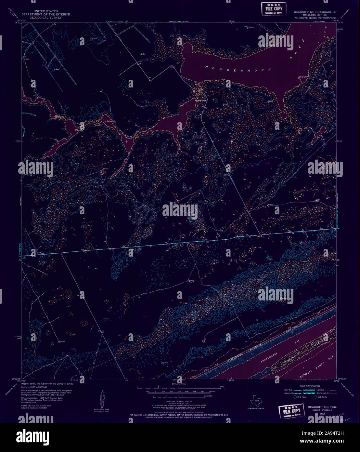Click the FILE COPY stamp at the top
(274, 8)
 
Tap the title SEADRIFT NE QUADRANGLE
(315, 12)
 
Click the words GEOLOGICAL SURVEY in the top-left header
(45, 17)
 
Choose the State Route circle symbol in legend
(315, 397)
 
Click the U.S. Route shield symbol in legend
(295, 397)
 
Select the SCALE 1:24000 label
(179, 384)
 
